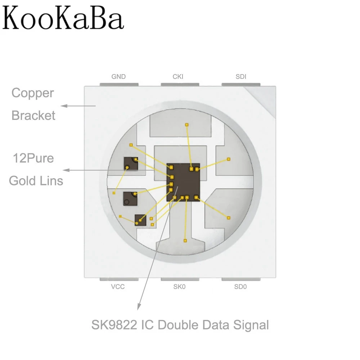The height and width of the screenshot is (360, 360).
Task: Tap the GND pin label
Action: coord(118,77)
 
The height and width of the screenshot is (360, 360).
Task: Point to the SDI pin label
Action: coord(241,77)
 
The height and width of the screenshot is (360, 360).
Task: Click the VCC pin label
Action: coord(118,287)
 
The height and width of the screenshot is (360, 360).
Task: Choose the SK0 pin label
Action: coord(179,287)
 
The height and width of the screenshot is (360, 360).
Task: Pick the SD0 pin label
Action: coord(240,287)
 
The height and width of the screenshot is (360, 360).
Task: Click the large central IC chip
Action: coord(183,182)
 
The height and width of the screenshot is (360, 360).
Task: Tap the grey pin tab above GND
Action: coord(119,85)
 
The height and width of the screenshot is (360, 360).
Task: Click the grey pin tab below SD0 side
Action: coord(240,279)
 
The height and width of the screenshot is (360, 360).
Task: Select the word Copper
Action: coord(32,93)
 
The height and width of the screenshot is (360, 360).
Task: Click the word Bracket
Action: coord(33,116)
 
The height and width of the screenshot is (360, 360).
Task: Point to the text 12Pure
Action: coord(33,158)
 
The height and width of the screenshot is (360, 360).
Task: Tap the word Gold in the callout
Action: coord(22,180)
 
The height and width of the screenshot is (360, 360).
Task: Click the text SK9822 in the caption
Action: coord(115,325)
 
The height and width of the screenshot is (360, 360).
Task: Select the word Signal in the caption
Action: coord(252,325)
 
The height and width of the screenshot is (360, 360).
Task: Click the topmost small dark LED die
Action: coord(130,164)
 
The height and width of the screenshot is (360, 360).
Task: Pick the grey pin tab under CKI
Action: coord(180,85)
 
